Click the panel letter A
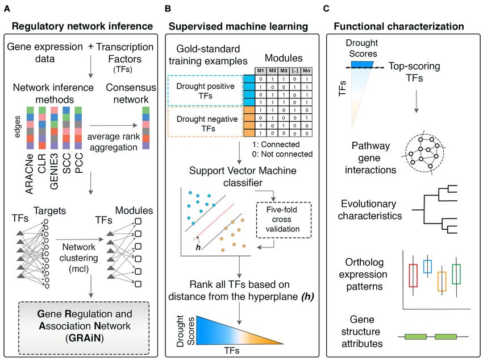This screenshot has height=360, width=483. click(7, 9)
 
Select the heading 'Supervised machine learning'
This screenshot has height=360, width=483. click(238, 27)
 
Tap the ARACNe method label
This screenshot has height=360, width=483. click(29, 174)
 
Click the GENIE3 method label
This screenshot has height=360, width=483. click(54, 171)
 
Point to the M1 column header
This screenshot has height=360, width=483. click(261, 71)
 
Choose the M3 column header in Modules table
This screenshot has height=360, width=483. click(284, 71)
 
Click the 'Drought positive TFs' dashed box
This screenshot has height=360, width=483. click(205, 90)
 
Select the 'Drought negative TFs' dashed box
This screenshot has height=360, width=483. click(205, 122)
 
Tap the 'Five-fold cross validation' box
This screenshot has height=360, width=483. click(284, 220)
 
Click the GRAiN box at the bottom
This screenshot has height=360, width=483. click(84, 328)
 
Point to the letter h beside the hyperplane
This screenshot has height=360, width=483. click(198, 247)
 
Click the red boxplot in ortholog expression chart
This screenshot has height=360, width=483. click(413, 275)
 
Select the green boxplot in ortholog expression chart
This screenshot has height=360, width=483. click(456, 274)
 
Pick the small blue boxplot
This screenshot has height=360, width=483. click(427, 267)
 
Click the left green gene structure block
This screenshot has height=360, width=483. click(415, 337)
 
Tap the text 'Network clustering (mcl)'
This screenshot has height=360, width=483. click(79, 258)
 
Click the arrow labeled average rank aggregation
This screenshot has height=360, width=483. click(113, 125)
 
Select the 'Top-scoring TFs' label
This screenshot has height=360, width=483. click(414, 72)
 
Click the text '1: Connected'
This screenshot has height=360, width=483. click(276, 144)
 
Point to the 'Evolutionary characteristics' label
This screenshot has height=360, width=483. click(370, 210)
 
